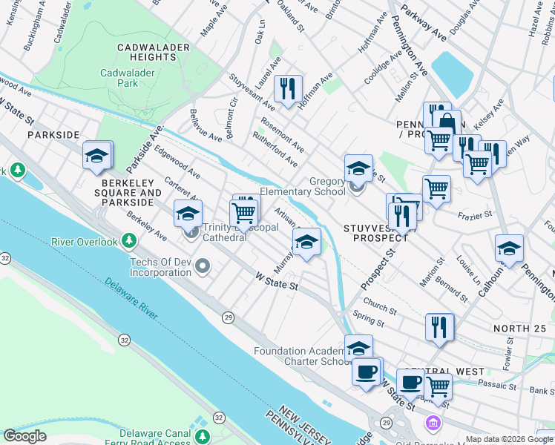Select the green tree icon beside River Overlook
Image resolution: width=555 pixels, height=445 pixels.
tap(129, 241)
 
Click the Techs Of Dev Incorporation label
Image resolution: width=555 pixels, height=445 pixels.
tap(160, 266)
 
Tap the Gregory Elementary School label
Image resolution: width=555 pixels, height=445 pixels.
tap(307, 186)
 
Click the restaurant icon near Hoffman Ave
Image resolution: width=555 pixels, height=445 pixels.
tap(286, 89)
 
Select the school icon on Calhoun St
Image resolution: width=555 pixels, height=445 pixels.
tap(509, 248)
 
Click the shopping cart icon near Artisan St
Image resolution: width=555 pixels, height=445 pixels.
tap(244, 213)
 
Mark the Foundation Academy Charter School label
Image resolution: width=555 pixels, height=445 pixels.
tap(301, 356)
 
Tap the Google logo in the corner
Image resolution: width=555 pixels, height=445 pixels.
tap(24, 436)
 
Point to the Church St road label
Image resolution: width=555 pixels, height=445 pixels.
tap(375, 306)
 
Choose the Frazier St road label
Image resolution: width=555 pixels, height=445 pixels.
tap(476, 214)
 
